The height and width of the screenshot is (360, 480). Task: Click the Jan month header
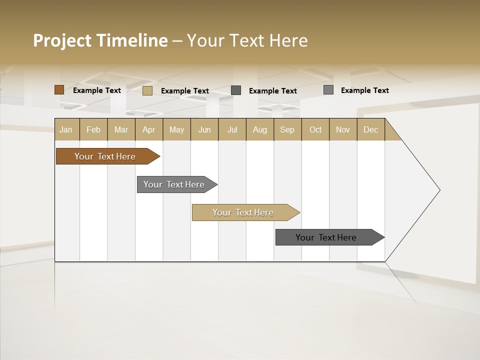click(66, 129)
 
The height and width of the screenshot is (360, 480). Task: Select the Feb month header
click(93, 129)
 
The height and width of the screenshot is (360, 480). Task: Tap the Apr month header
click(149, 129)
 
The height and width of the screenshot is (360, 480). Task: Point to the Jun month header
click(204, 129)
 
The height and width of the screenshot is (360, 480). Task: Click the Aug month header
click(260, 129)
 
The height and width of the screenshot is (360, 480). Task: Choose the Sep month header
click(287, 129)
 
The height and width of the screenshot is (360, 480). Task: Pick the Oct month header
click(315, 129)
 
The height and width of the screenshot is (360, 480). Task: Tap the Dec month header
click(371, 129)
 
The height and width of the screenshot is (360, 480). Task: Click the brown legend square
click(59, 90)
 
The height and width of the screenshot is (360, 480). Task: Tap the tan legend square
click(147, 90)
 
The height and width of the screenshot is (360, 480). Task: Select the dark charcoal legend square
click(236, 90)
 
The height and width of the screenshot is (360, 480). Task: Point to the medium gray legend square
click(328, 90)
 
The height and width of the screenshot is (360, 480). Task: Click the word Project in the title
click(62, 40)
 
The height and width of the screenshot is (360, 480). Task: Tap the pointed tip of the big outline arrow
click(438, 190)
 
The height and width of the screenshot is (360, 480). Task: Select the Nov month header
click(343, 129)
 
